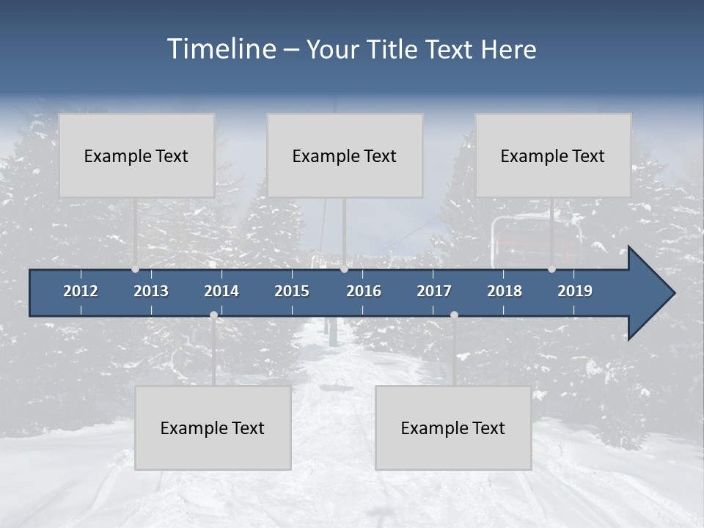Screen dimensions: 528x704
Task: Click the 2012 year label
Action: (81, 291)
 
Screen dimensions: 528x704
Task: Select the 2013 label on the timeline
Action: (151, 291)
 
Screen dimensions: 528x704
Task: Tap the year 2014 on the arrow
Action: (221, 291)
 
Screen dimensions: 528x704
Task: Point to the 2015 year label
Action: (292, 291)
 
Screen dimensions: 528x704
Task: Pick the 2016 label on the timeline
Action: (364, 291)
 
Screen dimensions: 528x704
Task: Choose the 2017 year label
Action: (434, 291)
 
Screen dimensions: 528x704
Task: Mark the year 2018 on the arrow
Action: (505, 291)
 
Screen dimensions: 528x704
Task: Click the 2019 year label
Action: (575, 291)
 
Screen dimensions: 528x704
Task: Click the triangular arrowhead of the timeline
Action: (649, 293)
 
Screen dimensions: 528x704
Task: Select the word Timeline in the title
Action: (221, 49)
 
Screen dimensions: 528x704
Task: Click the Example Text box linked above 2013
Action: (136, 155)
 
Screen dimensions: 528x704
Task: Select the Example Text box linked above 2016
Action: (345, 155)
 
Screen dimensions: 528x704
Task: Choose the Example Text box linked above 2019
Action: (553, 155)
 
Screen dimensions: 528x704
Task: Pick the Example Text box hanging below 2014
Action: (213, 428)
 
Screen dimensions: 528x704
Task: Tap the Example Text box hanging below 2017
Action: (453, 428)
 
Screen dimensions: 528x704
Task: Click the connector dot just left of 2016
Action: (344, 269)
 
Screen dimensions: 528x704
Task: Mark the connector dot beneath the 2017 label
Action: (454, 315)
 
